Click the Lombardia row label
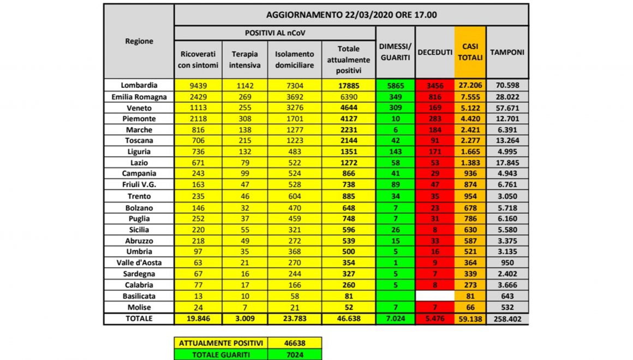click(x=139, y=85)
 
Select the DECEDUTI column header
click(x=434, y=52)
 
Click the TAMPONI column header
click(x=507, y=52)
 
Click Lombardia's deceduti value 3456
click(x=434, y=86)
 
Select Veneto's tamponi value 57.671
click(x=507, y=108)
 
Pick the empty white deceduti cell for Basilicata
click(x=434, y=296)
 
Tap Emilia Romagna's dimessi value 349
click(x=395, y=97)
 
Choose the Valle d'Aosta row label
click(x=139, y=262)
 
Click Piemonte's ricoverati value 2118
click(x=198, y=119)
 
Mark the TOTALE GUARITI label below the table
click(x=221, y=354)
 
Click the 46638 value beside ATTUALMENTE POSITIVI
click(x=295, y=343)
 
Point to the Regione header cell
click(x=139, y=41)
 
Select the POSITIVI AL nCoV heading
click(x=274, y=33)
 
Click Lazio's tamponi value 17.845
click(x=507, y=163)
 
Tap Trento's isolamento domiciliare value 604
click(x=294, y=196)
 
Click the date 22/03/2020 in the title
click(x=369, y=14)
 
